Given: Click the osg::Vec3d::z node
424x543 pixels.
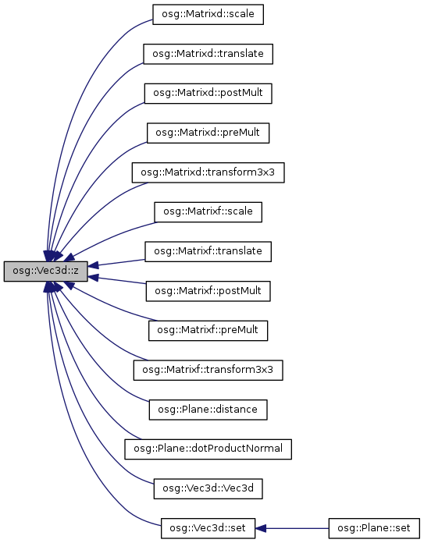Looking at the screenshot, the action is click(x=46, y=271).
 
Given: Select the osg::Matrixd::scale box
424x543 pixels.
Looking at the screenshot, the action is click(x=208, y=14).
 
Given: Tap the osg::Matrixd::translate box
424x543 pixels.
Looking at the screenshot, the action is click(x=208, y=54).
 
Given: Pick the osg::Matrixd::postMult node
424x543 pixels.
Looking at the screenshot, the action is click(x=208, y=93).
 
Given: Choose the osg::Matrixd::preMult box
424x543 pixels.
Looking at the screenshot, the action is click(x=208, y=133).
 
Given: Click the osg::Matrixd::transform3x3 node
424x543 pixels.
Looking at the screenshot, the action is click(x=208, y=172).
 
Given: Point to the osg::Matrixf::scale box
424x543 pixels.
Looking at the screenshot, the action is click(x=208, y=212).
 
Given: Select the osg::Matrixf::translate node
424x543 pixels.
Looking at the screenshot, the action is click(x=208, y=251).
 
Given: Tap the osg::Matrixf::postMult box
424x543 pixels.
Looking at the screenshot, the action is click(x=208, y=291).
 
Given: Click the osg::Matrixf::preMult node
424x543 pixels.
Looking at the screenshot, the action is click(x=208, y=330).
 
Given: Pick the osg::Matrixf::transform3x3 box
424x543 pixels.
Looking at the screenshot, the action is click(x=208, y=371).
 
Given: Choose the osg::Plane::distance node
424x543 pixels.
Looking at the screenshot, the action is click(x=208, y=410).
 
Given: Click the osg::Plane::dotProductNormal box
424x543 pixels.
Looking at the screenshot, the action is click(x=208, y=449).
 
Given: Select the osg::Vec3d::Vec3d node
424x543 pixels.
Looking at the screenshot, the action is click(x=208, y=488).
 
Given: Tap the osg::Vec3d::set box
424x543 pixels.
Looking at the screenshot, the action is click(x=208, y=528).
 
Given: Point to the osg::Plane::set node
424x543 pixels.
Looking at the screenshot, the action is click(x=374, y=528).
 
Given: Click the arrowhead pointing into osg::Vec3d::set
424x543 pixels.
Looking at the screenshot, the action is click(x=261, y=528).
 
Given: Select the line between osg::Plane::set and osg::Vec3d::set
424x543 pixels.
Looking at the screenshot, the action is click(x=297, y=528).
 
